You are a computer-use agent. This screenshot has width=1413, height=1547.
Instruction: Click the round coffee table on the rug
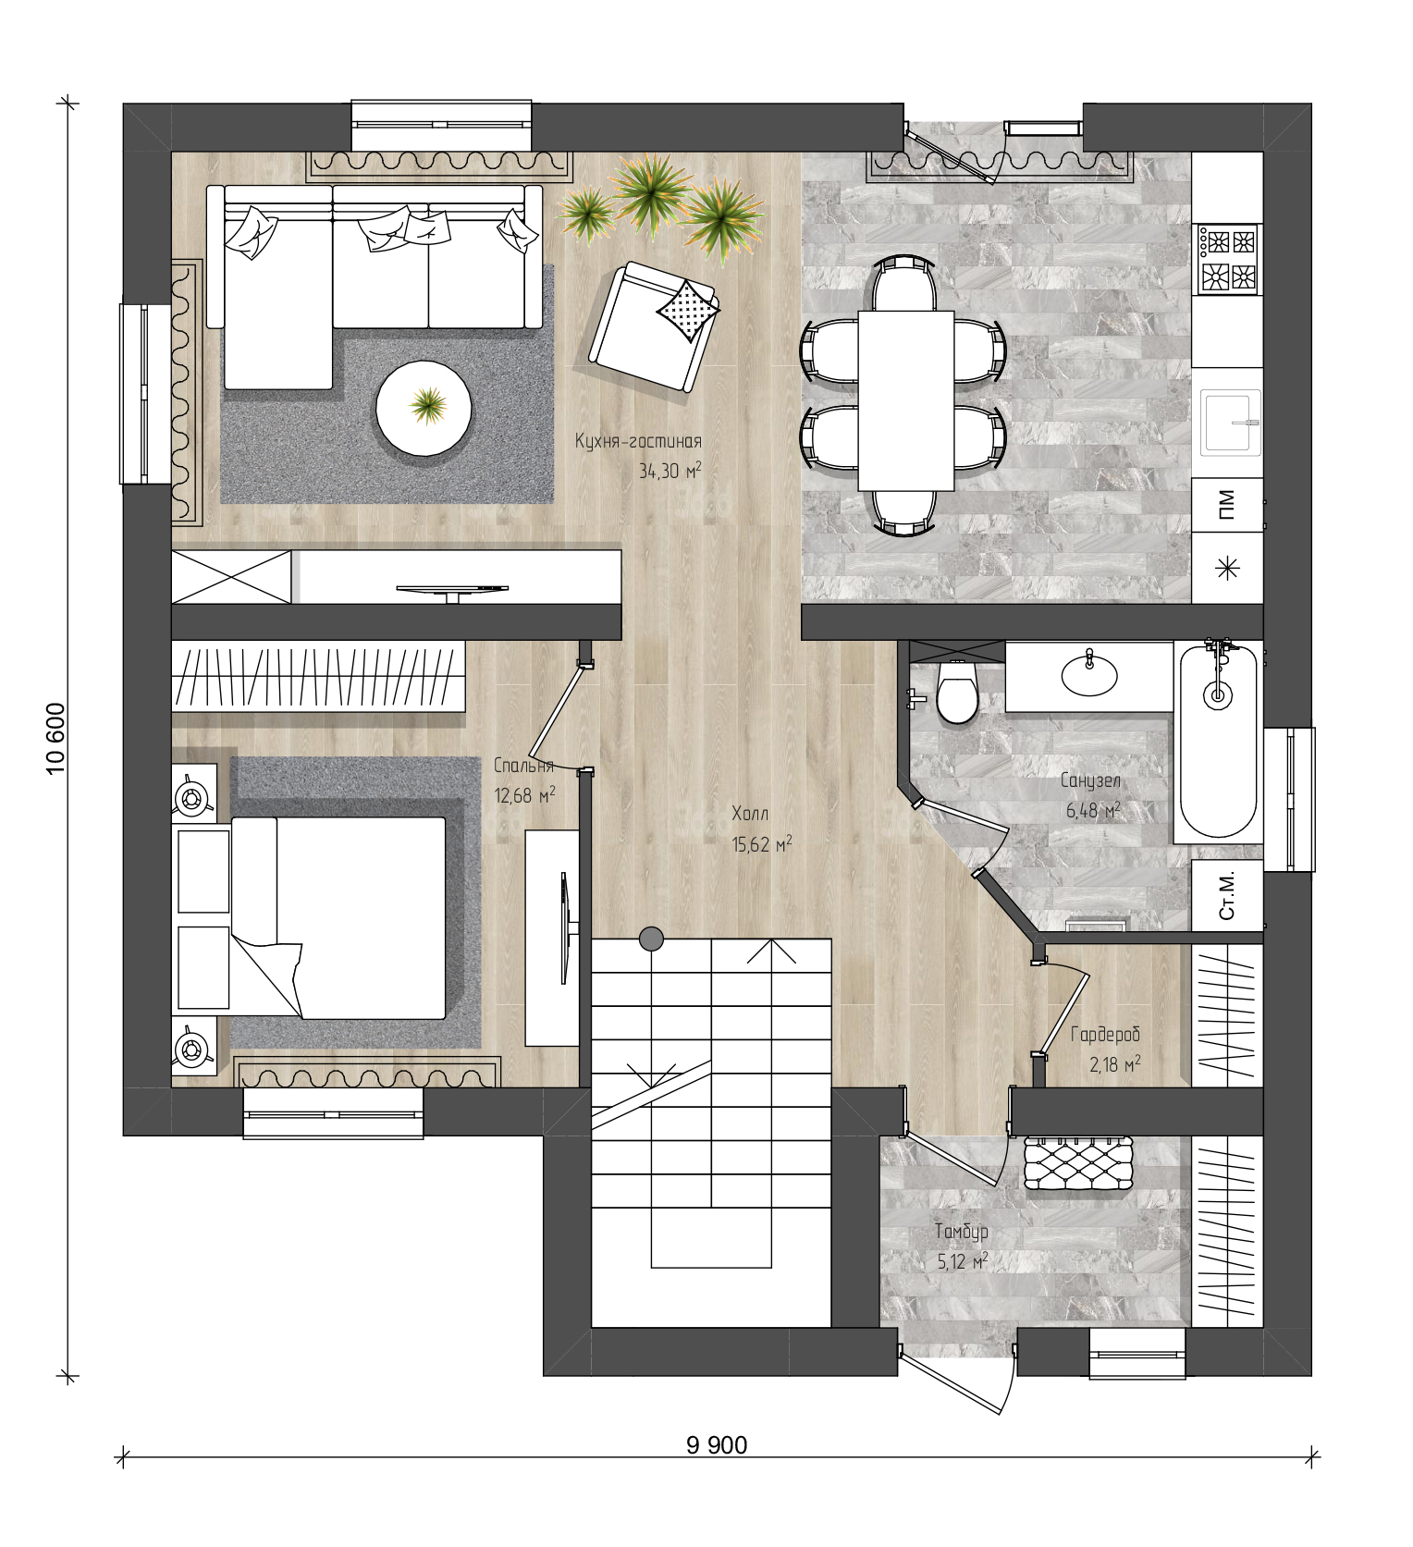424,406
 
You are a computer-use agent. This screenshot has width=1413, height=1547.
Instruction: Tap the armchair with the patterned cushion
654,326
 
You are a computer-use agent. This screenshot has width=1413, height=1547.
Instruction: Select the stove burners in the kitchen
1228,259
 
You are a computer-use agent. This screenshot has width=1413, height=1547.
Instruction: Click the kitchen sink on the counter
1231,423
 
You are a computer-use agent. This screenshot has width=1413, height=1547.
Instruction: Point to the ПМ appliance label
1227,506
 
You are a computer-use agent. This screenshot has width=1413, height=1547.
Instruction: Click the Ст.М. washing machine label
1227,895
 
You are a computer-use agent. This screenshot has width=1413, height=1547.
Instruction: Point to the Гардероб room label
1105,1035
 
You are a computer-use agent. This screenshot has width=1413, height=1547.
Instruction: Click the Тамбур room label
961,1232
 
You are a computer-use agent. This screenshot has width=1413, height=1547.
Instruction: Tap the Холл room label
750,814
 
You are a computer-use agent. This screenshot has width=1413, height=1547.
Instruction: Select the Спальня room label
523,766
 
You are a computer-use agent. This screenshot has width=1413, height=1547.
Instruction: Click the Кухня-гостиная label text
638,441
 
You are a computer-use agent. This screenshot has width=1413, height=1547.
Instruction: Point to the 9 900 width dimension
717,1444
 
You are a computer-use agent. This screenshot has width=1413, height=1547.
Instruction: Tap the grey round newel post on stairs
651,939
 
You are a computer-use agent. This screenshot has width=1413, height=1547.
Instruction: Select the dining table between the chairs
905,400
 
